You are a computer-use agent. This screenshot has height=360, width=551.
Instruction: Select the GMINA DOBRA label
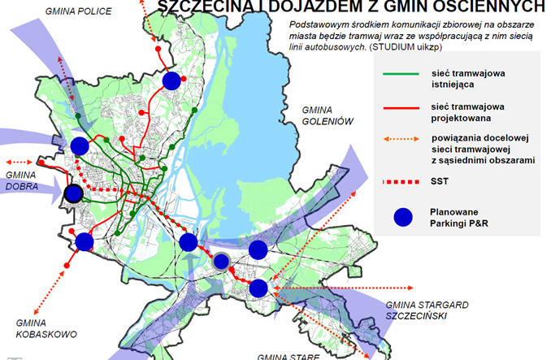tap(24, 180)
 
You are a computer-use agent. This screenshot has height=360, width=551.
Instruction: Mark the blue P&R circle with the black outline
tap(74, 193)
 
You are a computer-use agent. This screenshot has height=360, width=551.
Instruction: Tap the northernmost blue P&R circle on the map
tap(171, 80)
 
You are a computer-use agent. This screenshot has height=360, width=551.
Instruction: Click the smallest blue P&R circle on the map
tap(220, 261)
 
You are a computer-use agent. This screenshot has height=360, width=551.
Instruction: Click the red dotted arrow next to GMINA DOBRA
tap(22, 161)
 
